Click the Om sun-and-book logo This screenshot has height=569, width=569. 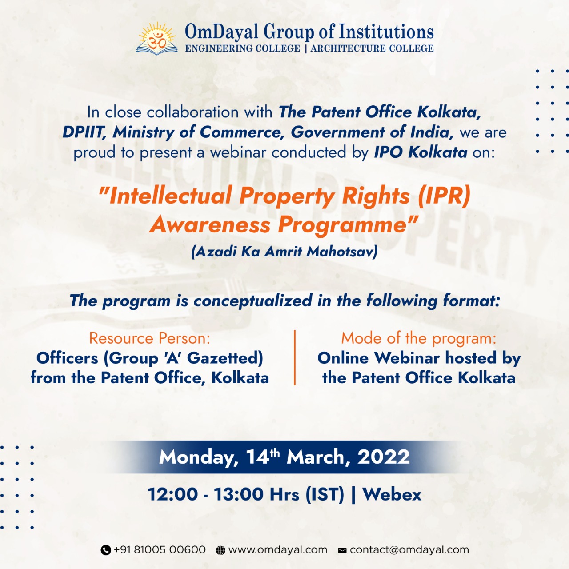pos(157,38)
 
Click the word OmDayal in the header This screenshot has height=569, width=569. pos(222,32)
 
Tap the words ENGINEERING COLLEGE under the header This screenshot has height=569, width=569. pos(242,48)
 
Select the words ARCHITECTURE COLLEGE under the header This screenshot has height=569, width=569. pos(372,48)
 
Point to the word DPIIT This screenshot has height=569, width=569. pos(84,132)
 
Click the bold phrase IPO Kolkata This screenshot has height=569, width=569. pos(421,152)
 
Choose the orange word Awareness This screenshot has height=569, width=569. pos(210,224)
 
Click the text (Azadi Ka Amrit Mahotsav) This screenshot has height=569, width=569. pos(284,252)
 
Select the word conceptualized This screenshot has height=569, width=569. pos(253,301)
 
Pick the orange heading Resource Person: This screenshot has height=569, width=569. pos(150,338)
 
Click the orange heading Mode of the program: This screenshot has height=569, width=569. pos(419,338)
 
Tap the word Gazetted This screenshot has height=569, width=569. pos(225,358)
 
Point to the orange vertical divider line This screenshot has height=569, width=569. pos(295,357)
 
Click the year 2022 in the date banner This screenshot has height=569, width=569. pos(383,457)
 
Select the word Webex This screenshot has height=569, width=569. pos(392,494)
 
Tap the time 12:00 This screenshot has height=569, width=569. pos(172,494)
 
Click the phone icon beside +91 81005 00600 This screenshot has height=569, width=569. pos(106,550)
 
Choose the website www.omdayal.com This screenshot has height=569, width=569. pos(277,550)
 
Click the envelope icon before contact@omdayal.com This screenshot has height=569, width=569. pos(342,550)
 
